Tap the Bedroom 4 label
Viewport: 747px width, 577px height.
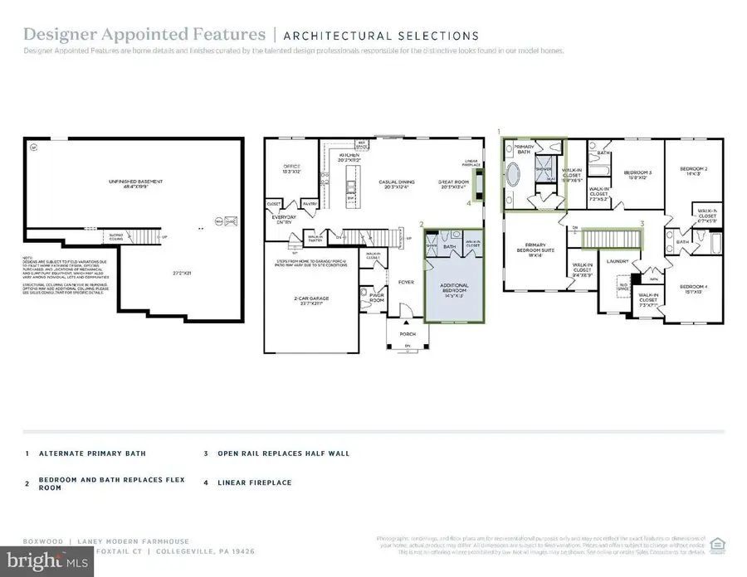(x=694, y=289)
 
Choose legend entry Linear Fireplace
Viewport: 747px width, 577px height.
(x=254, y=482)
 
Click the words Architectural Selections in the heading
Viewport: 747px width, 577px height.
(x=381, y=36)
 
